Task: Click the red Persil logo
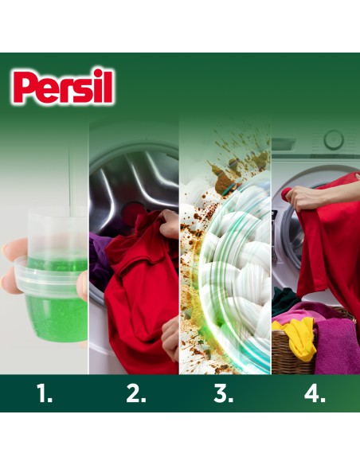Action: (x=64, y=88)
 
